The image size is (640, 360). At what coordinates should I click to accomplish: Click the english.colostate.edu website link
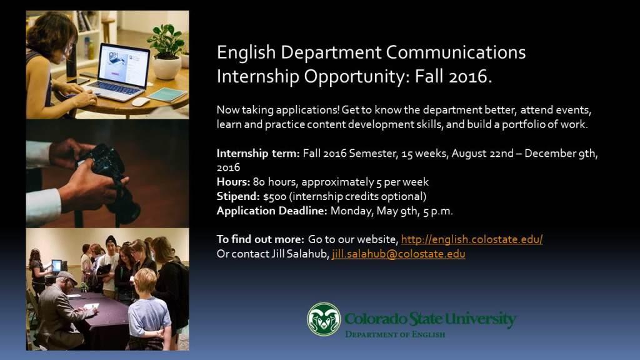pos(472,239)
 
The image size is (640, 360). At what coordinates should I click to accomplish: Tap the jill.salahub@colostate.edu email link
pos(398,254)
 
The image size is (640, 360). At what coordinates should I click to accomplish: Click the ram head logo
pos(324,319)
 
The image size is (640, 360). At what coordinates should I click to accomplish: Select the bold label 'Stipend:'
pos(238,196)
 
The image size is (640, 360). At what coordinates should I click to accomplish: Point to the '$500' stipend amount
pos(275,197)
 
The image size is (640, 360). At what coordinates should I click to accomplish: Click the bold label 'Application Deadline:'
pos(272,211)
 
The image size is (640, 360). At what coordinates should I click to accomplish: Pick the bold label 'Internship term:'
pos(258,154)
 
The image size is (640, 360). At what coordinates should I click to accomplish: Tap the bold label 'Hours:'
pos(233,182)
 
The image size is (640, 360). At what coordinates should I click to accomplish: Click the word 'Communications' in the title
pos(456,52)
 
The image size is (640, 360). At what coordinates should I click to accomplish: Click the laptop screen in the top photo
pos(124,65)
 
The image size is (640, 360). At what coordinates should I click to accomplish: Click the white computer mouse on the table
pos(141,102)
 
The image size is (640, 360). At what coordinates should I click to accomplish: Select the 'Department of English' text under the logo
pos(395,334)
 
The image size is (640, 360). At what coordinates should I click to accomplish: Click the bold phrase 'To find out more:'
pos(260,239)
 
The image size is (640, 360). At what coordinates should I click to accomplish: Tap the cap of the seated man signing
pos(66,277)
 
